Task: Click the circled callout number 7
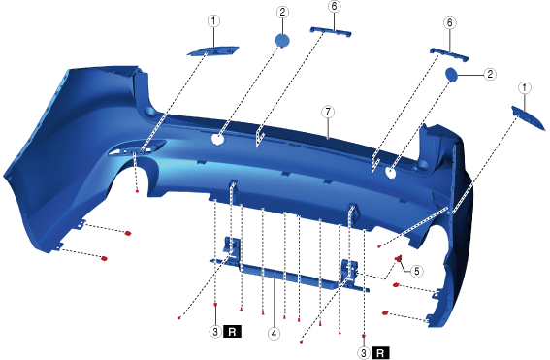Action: (x=328, y=112)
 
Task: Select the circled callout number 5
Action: (x=416, y=272)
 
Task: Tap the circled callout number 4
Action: (x=274, y=334)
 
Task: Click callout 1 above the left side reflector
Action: (x=213, y=21)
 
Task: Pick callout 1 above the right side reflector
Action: (x=525, y=87)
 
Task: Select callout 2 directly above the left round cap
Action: (x=282, y=13)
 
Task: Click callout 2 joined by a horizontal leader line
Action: (x=490, y=74)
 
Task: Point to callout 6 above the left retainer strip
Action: (x=334, y=7)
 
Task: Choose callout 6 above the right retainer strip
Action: (x=450, y=23)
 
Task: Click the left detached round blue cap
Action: (x=282, y=41)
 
